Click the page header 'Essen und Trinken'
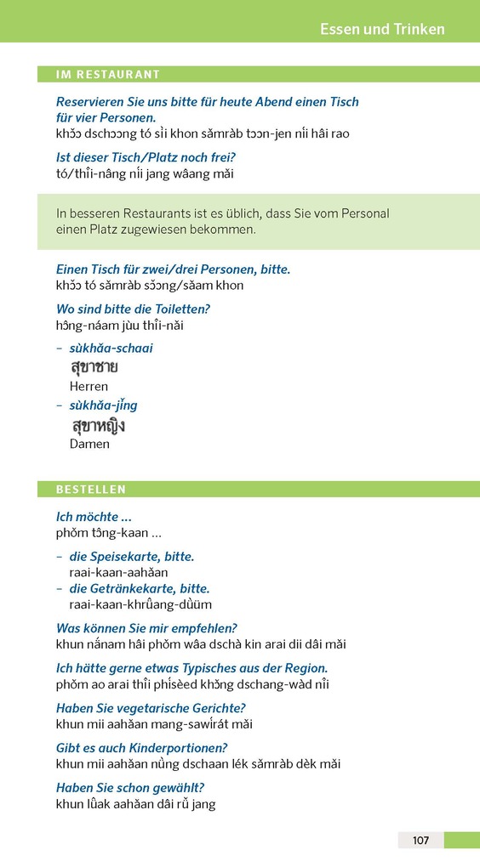pyautogui.click(x=382, y=29)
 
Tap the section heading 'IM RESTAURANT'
pyautogui.click(x=108, y=75)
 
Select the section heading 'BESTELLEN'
pyautogui.click(x=91, y=490)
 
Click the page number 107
pyautogui.click(x=420, y=840)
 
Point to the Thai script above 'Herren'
pyautogui.click(x=94, y=368)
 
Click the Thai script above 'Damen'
pyautogui.click(x=99, y=425)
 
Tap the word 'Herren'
pyautogui.click(x=89, y=387)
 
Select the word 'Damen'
pyautogui.click(x=89, y=444)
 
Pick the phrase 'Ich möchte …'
pyautogui.click(x=94, y=517)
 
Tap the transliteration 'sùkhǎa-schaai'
pyautogui.click(x=111, y=348)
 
